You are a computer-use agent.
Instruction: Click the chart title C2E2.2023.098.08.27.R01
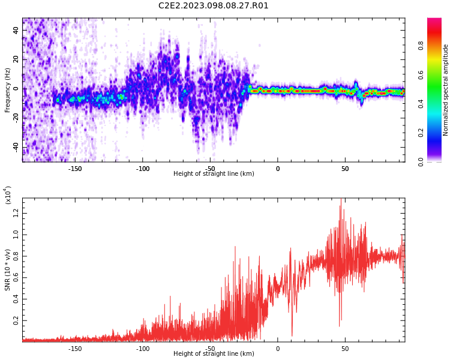coord(213,6)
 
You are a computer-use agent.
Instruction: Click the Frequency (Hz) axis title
coord(8,91)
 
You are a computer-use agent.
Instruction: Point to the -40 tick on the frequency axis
coord(16,146)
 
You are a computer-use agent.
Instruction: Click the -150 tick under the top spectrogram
coord(75,169)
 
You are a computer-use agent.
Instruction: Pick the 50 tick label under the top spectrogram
coord(345,169)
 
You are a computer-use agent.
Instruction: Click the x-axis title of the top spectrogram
coord(214,174)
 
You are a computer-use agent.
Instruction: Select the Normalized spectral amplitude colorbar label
coord(446,90)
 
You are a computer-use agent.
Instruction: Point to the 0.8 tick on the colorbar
coord(437,45)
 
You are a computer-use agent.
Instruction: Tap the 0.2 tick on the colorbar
coord(437,133)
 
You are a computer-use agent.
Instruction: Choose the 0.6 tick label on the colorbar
coord(437,74)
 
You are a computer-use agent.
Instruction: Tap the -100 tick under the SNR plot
coord(142,349)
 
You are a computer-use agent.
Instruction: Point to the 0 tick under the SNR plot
coord(278,349)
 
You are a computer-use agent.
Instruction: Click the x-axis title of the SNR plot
coord(214,354)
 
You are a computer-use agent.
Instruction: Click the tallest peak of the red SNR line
coord(341,199)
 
